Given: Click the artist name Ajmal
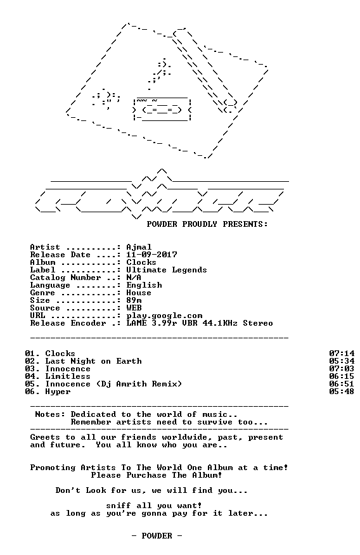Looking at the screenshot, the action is tap(139, 248).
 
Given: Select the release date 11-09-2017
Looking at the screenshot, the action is tap(152, 255).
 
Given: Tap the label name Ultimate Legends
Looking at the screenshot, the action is tap(167, 270).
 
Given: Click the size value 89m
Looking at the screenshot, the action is tap(134, 300).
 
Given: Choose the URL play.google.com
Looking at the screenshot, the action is tap(164, 316).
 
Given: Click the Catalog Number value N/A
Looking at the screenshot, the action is tap(134, 277).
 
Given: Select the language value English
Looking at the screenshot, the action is tap(144, 285).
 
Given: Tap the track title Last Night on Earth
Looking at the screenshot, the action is tap(93, 361).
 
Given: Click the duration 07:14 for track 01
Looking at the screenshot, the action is tap(342, 354).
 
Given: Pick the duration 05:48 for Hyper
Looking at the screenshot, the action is tap(342, 392).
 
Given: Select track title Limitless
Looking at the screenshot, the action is tap(68, 376).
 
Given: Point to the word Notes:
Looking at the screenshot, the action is tap(50, 414).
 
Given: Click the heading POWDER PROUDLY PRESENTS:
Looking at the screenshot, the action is tap(207, 224).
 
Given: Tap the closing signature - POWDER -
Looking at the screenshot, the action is tap(157, 536).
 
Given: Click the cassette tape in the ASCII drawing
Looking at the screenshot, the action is tap(162, 109).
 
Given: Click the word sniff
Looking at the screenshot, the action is tap(119, 506).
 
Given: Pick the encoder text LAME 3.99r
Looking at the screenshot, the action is tap(151, 324).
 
